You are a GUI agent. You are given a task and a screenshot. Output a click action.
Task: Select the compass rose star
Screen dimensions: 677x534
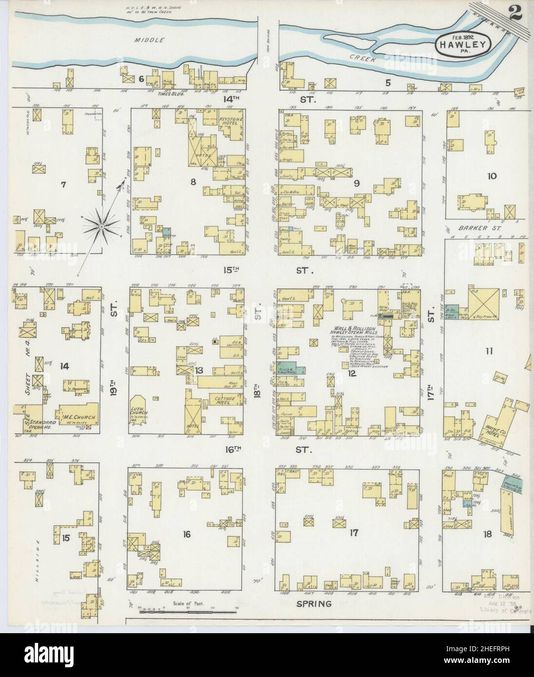pyautogui.click(x=101, y=226)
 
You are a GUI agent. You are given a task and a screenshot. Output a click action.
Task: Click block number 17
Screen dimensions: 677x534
pyautogui.click(x=353, y=533)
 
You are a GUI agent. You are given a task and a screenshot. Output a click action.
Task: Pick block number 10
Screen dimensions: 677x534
pyautogui.click(x=492, y=176)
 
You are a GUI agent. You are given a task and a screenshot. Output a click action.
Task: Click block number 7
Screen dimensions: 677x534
pyautogui.click(x=63, y=184)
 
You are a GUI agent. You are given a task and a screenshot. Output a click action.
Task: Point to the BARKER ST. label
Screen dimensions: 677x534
pyautogui.click(x=467, y=227)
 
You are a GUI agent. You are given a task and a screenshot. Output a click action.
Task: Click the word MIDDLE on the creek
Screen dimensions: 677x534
pyautogui.click(x=154, y=40)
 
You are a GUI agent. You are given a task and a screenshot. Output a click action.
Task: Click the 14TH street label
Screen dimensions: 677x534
pyautogui.click(x=229, y=99)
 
